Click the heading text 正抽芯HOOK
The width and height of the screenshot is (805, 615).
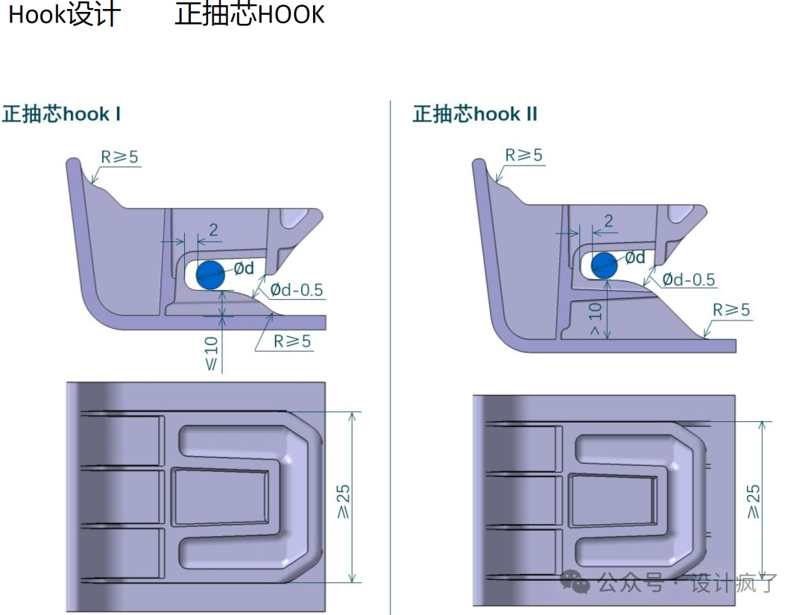[x=250, y=15]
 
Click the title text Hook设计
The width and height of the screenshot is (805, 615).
[x=64, y=15]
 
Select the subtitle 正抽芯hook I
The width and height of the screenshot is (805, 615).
[x=62, y=115]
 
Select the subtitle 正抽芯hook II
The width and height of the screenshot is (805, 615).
[x=476, y=115]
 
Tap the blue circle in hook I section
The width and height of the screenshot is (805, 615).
[x=210, y=274]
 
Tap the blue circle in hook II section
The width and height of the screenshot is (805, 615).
[x=604, y=264]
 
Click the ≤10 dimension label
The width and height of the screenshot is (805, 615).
[x=212, y=353]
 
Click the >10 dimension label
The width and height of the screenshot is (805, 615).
[x=595, y=318]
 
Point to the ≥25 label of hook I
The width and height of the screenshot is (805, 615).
[x=344, y=501]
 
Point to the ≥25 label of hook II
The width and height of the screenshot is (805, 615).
[x=754, y=501]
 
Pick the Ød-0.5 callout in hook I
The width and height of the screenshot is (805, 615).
[x=297, y=290]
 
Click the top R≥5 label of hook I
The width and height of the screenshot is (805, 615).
[x=120, y=157]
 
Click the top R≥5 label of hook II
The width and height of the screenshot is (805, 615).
[x=524, y=155]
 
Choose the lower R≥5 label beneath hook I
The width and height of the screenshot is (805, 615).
[x=292, y=341]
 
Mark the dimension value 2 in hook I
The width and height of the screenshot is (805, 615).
[x=214, y=230]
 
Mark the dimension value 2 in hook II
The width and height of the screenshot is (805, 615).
[x=608, y=221]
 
